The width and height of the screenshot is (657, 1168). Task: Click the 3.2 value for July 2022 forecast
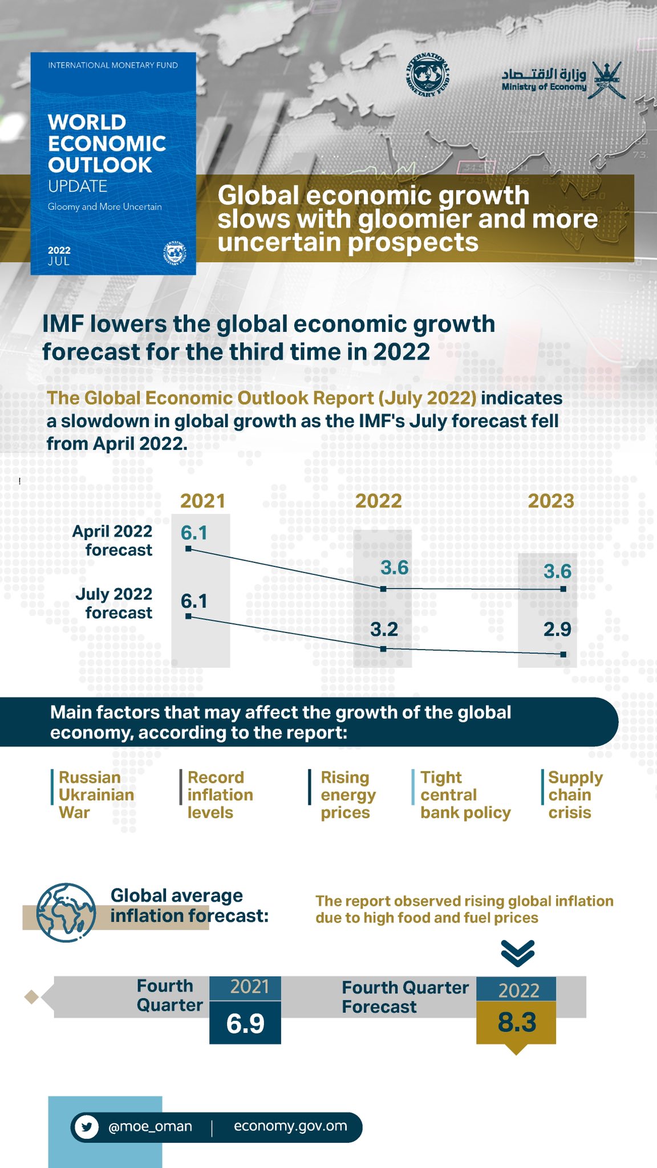(x=384, y=629)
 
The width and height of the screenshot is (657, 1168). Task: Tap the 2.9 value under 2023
(x=557, y=629)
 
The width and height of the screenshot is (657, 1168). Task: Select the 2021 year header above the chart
(x=202, y=501)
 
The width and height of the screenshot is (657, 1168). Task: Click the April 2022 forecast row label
(x=113, y=540)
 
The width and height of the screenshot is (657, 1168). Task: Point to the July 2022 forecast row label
(x=114, y=603)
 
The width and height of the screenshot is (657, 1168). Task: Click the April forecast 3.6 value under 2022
(x=395, y=567)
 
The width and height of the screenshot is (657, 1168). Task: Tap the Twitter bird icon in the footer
(x=87, y=1127)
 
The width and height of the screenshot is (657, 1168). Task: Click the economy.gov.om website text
(x=290, y=1126)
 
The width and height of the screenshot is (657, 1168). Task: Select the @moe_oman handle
(x=150, y=1126)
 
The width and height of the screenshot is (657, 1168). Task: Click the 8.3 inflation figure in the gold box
(x=517, y=1023)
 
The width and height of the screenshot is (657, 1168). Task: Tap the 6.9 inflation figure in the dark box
(x=245, y=1024)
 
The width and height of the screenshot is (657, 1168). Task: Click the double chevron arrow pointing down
(x=517, y=952)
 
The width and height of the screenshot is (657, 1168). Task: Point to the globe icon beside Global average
(x=66, y=912)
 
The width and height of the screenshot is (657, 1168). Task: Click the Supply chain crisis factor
(x=574, y=794)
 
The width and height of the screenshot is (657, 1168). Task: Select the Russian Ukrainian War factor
(x=96, y=794)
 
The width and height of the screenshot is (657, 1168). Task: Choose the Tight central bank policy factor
(x=465, y=794)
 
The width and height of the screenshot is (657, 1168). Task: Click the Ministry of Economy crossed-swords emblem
(x=606, y=80)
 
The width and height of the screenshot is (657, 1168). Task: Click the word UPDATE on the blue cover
(x=78, y=186)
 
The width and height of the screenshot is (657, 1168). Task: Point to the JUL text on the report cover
(x=59, y=261)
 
